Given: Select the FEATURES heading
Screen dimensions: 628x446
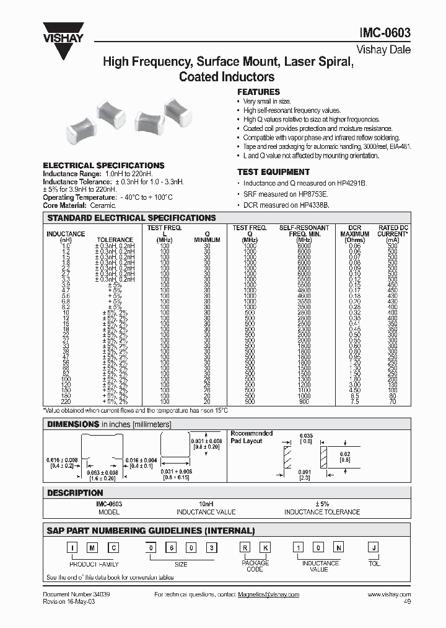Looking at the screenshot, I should click(258, 92).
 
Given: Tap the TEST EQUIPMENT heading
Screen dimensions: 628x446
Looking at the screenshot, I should click(273, 172).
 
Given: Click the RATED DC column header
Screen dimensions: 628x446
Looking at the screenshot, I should click(393, 228).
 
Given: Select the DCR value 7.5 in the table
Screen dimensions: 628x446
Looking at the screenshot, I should click(354, 401).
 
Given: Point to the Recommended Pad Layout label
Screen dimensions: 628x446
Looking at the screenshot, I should click(251, 437).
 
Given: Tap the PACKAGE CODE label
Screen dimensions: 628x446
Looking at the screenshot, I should click(255, 566).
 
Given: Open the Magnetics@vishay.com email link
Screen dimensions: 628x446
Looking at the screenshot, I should click(268, 594).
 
